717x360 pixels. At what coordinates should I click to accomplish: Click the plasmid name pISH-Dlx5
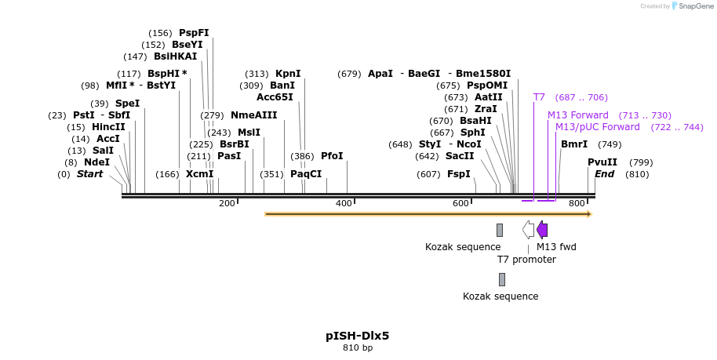coord(358,336)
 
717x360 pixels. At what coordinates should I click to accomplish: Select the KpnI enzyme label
coord(288,74)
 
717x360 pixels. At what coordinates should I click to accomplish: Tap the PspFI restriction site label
coord(194,33)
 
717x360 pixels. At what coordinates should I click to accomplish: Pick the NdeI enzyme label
coord(96,162)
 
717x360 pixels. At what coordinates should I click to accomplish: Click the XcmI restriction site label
coord(199,174)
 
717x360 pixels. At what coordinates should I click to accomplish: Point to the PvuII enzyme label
coord(602,162)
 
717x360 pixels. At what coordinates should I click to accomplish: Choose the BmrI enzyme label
coord(574,144)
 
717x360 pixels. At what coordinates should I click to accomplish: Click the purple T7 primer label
coord(539,97)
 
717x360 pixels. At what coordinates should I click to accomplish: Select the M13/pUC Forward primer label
coord(598,127)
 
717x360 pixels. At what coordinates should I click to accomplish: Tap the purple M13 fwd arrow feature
coord(542,230)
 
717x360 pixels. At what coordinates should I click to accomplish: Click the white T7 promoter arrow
coord(529,230)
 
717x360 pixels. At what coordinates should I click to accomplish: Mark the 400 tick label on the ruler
coord(344,204)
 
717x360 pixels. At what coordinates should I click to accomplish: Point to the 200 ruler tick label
coord(227,204)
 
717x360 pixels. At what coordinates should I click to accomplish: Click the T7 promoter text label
coord(526,260)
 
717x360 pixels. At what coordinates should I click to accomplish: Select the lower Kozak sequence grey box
coord(502,279)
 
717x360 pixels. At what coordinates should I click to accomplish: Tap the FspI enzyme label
coord(458,174)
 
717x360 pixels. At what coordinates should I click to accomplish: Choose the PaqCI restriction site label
coord(306,174)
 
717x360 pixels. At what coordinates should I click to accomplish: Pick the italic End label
coord(604,174)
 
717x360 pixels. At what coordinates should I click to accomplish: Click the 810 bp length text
coord(358,347)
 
